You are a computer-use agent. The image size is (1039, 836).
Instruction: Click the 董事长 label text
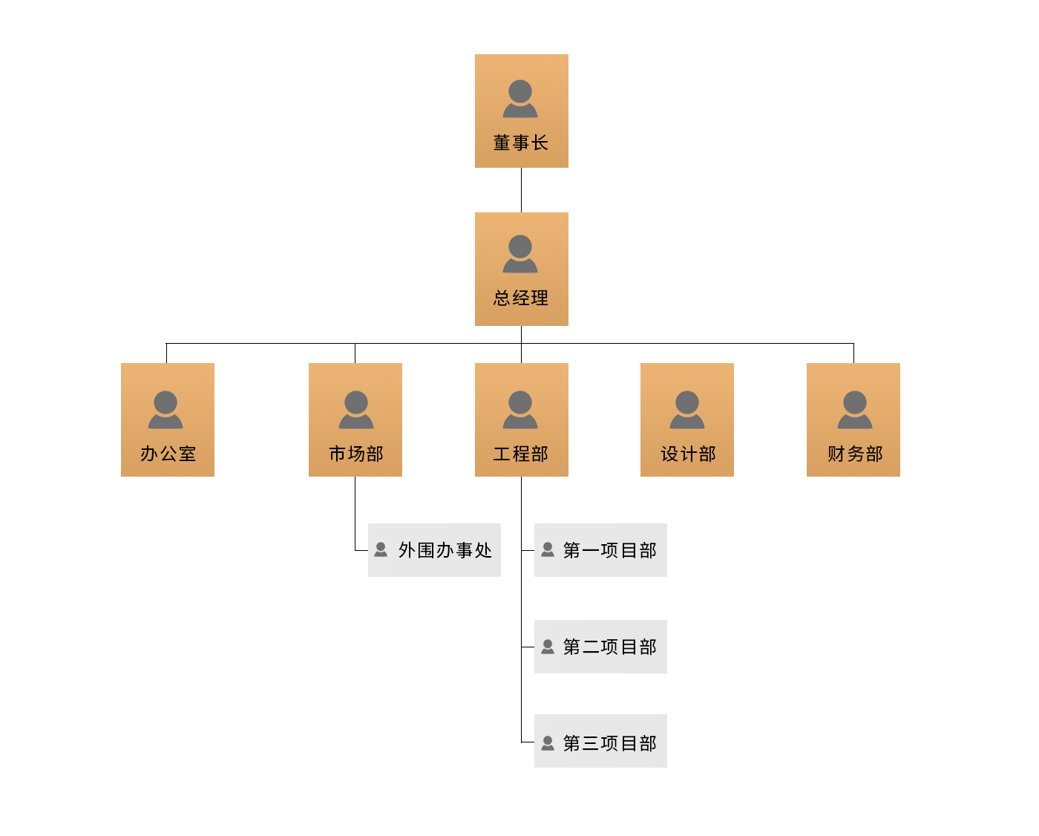tap(521, 143)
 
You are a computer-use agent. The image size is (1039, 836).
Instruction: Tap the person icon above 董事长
tap(520, 99)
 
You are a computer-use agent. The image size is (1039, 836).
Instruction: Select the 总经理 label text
tap(521, 298)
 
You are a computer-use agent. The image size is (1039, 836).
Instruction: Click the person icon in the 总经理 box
tap(520, 254)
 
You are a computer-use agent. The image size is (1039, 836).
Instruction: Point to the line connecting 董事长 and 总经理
tap(521, 190)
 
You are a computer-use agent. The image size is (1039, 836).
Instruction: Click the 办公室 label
tap(168, 454)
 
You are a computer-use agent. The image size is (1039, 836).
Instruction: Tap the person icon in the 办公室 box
tap(165, 410)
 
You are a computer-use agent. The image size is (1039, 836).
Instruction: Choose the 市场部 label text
tap(356, 454)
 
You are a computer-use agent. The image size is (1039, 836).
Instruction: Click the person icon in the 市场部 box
tap(356, 410)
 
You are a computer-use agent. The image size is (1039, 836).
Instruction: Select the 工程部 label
tap(521, 454)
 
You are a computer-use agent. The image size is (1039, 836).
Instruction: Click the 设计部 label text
tap(688, 454)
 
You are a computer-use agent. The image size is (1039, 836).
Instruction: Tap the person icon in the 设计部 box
tap(687, 410)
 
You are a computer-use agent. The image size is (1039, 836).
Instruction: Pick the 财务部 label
tap(855, 454)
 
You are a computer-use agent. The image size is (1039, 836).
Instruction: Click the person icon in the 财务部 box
tap(855, 410)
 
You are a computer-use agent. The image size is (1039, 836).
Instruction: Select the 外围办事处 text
tap(445, 550)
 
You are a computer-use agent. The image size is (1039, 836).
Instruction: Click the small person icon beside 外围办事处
tap(381, 549)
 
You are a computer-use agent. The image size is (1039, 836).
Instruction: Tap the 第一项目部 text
tap(610, 550)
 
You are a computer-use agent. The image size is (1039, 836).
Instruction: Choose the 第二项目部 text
tap(610, 647)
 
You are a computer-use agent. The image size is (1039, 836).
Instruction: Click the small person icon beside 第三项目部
tap(548, 742)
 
